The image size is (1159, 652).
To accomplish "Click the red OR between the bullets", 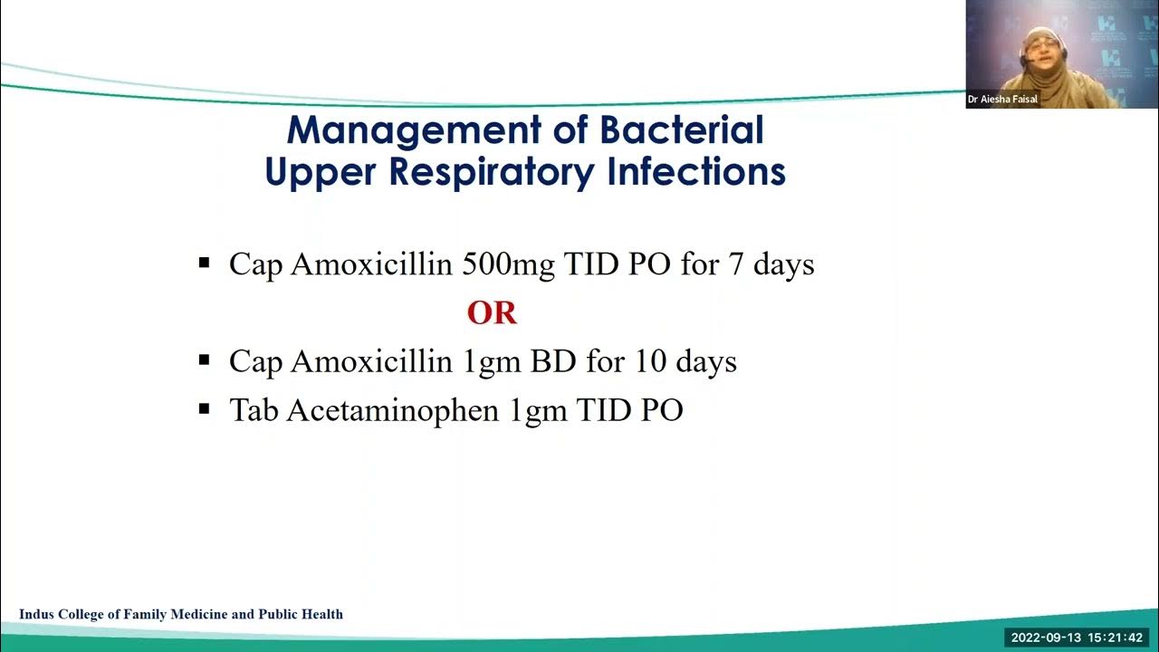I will click(x=492, y=313).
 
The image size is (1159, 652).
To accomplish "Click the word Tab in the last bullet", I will click(x=254, y=410).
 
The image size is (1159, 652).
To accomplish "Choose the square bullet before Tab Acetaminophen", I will click(x=204, y=409).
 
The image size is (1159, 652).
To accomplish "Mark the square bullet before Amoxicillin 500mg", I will click(x=204, y=264).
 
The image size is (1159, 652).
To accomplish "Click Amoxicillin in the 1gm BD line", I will click(x=371, y=361).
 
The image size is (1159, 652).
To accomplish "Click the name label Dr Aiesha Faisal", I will click(x=1002, y=100).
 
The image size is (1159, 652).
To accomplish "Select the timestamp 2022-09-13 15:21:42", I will click(x=1077, y=638).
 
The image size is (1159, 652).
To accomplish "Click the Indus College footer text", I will click(x=181, y=614).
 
